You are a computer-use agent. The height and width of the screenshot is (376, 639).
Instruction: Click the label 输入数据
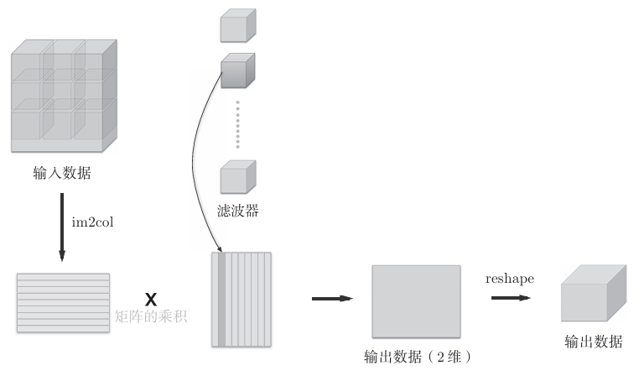click(62, 174)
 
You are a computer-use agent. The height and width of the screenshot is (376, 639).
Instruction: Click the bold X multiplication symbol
click(151, 299)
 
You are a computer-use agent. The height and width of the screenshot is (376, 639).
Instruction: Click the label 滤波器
click(237, 209)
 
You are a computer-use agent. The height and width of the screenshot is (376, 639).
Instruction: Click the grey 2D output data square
click(416, 299)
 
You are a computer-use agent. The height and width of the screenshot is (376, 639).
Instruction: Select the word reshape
click(510, 277)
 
